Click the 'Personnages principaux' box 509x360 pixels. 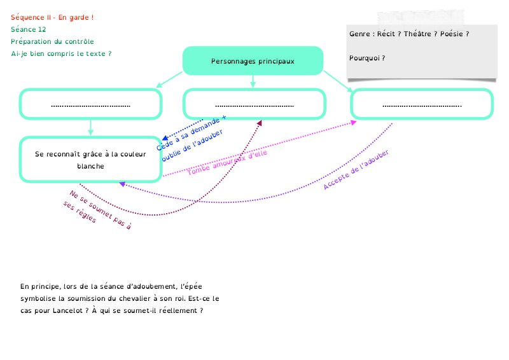[253, 61]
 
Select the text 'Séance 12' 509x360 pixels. [29, 29]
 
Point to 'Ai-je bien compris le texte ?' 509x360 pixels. [61, 53]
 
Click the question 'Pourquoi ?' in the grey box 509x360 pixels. [367, 59]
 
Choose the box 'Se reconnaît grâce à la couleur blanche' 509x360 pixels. [90, 160]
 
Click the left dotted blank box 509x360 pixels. [90, 104]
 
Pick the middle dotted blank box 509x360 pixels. [254, 104]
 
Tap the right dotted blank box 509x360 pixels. [421, 104]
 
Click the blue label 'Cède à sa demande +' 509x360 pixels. [190, 133]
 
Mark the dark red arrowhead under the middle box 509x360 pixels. [259, 123]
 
